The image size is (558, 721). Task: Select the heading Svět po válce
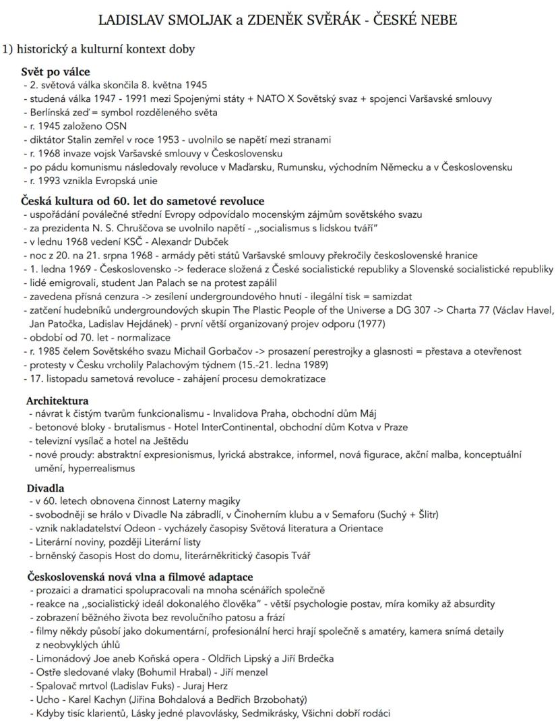tap(55, 71)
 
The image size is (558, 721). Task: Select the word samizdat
tap(391, 296)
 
